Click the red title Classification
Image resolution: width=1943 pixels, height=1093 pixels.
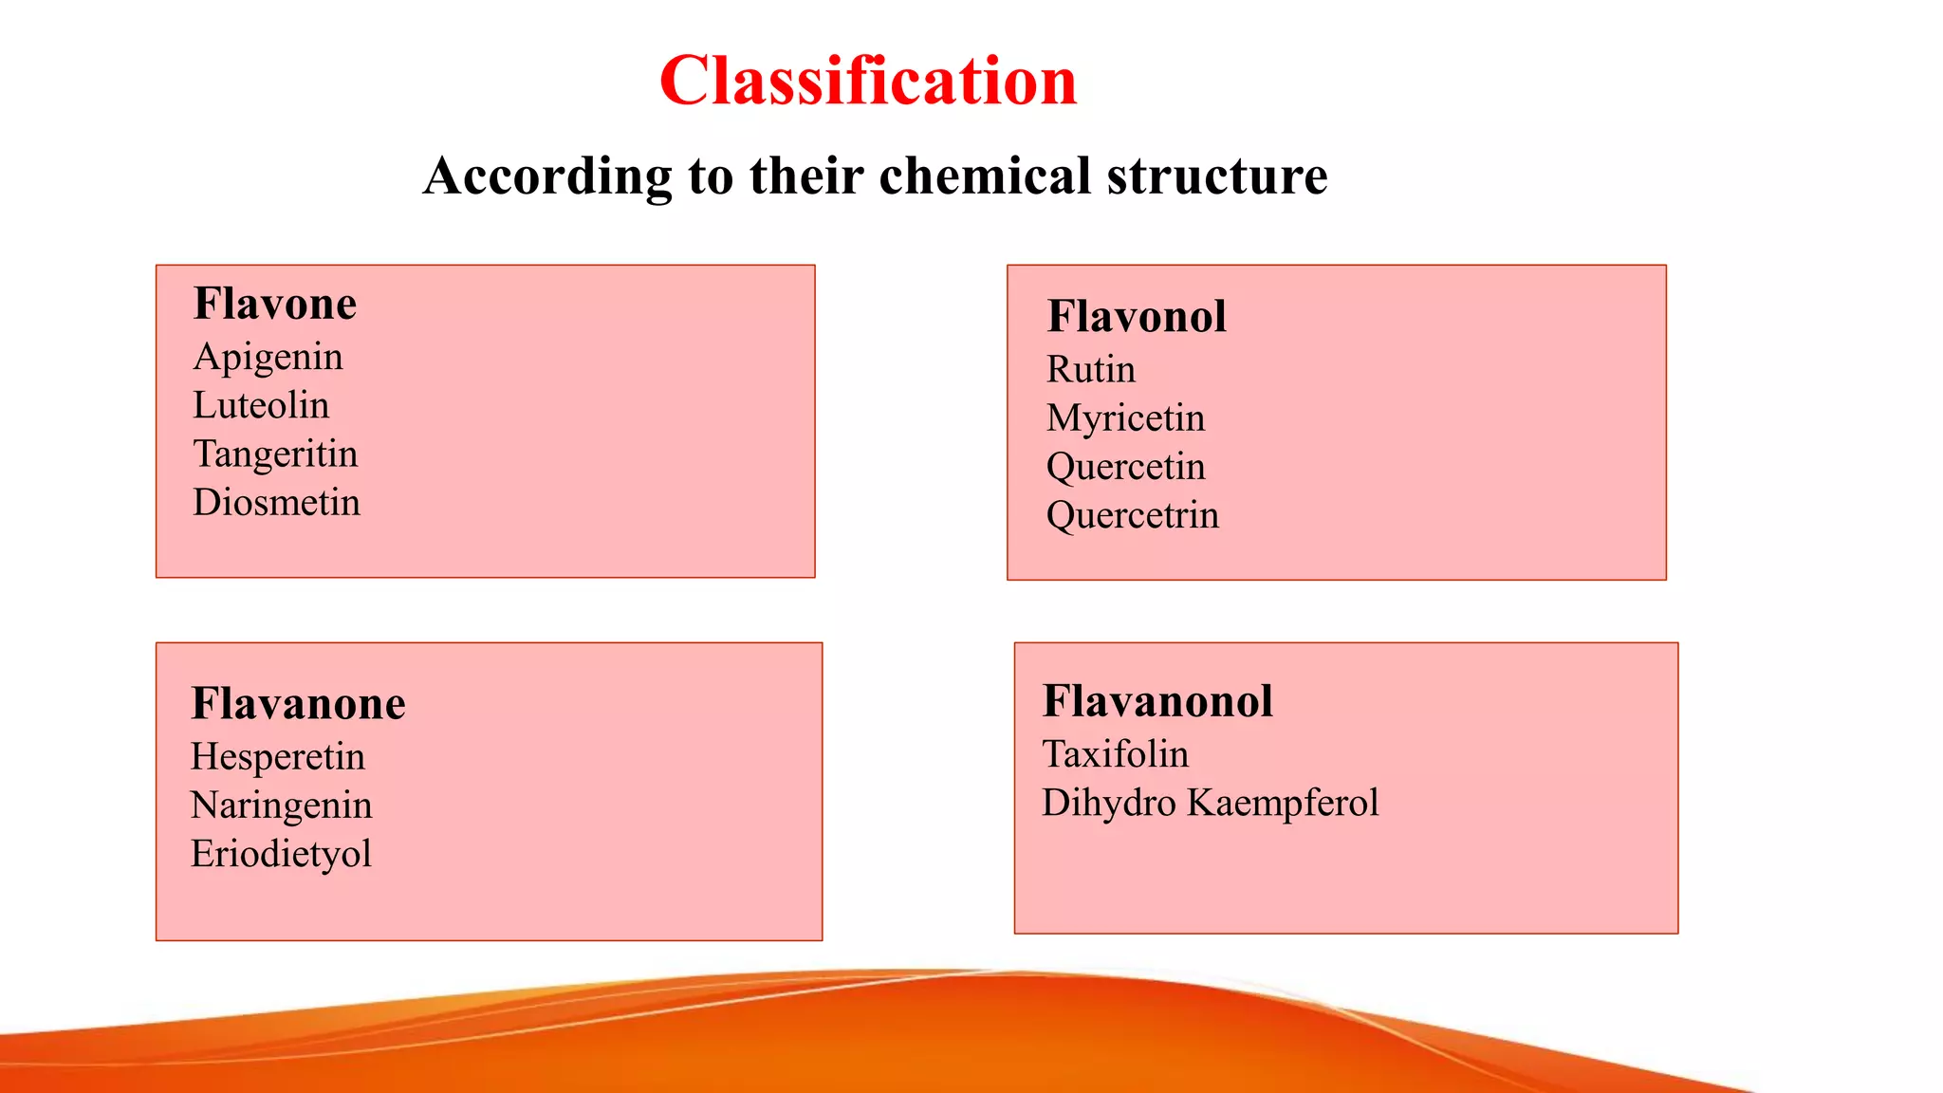click(868, 82)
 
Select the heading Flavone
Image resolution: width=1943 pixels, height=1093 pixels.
click(275, 305)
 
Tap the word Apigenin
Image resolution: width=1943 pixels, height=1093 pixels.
click(268, 358)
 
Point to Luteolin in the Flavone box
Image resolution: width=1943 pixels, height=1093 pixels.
click(261, 406)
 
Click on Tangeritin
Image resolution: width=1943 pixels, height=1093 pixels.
click(275, 454)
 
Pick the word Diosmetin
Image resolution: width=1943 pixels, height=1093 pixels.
click(276, 503)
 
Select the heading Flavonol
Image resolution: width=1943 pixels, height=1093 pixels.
click(1137, 317)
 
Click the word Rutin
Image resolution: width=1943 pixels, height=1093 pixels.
click(1090, 370)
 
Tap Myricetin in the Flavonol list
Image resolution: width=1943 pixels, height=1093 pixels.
click(1125, 418)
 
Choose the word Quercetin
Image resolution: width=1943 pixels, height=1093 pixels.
click(1125, 467)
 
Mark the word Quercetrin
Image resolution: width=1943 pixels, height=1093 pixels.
click(1132, 516)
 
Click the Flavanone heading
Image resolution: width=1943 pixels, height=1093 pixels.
click(298, 704)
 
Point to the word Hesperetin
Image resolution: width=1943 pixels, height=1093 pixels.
click(277, 757)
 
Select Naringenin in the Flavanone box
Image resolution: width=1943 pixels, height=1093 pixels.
click(281, 806)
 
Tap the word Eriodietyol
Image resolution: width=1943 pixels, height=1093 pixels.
click(281, 854)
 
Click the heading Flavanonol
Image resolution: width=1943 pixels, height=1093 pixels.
click(1157, 702)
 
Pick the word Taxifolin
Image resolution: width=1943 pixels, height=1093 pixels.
click(1115, 755)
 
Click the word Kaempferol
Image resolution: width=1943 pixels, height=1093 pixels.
click(1283, 804)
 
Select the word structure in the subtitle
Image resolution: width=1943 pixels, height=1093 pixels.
click(1217, 176)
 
